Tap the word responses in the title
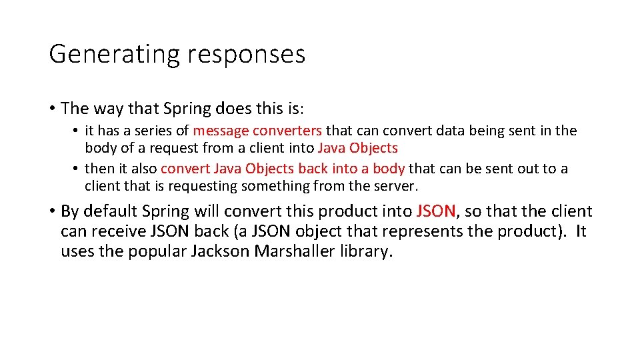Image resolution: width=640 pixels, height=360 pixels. click(x=246, y=54)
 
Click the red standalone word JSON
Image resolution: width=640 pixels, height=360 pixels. click(x=436, y=211)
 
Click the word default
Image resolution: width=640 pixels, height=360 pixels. click(x=110, y=211)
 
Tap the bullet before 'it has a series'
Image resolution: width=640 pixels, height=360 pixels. click(x=77, y=131)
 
